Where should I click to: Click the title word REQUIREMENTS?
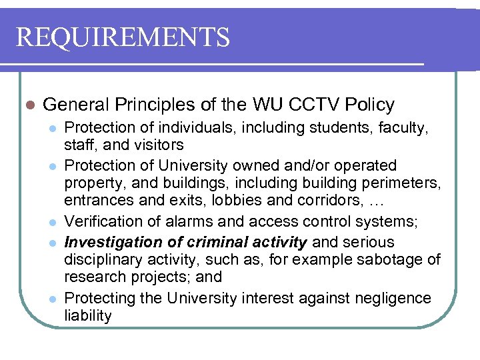point(123,37)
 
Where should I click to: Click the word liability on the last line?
point(88,315)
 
